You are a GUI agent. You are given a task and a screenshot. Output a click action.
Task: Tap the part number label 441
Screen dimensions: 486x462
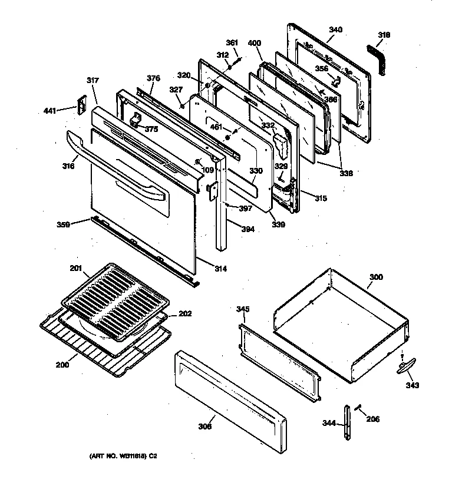tap(51, 110)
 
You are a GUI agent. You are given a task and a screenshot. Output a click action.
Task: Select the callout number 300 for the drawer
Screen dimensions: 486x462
tap(375, 277)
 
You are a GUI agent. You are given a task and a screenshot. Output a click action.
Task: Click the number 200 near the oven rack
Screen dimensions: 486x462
tap(62, 364)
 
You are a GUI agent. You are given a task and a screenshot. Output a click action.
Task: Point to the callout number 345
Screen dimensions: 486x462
tap(242, 309)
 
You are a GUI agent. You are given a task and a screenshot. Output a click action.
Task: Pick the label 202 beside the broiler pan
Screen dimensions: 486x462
tap(185, 313)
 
